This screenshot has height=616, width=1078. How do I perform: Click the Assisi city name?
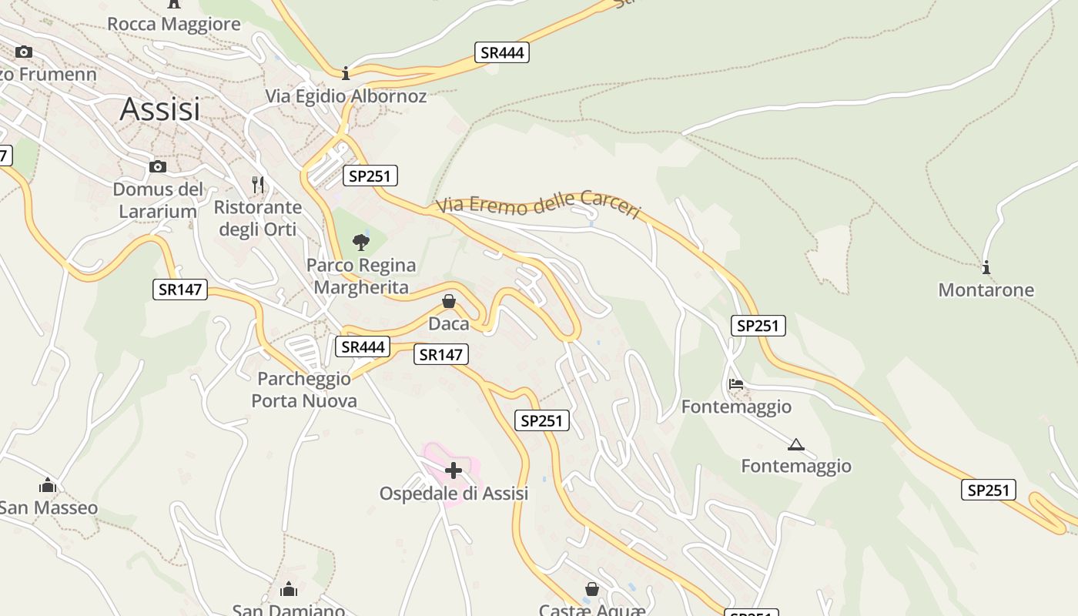pyautogui.click(x=159, y=109)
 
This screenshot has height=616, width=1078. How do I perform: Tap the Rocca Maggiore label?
pyautogui.click(x=173, y=24)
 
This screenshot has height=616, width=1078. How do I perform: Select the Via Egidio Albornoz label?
pyautogui.click(x=346, y=96)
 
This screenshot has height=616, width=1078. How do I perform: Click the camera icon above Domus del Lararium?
pyautogui.click(x=157, y=167)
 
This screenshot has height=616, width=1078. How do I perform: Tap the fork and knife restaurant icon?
pyautogui.click(x=258, y=185)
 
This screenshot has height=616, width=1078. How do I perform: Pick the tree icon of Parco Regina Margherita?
pyautogui.click(x=360, y=243)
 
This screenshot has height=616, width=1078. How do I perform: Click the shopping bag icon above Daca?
pyautogui.click(x=449, y=301)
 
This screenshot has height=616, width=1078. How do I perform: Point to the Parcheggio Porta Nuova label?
pyautogui.click(x=304, y=390)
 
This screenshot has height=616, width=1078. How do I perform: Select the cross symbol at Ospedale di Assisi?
pyautogui.click(x=454, y=470)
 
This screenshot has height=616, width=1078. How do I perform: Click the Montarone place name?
pyautogui.click(x=986, y=290)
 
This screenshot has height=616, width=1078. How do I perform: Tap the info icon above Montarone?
pyautogui.click(x=986, y=268)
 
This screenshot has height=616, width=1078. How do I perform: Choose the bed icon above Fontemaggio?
pyautogui.click(x=736, y=383)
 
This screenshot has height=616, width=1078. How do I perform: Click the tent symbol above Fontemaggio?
pyautogui.click(x=796, y=444)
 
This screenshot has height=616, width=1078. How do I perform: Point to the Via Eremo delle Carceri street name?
pyautogui.click(x=539, y=206)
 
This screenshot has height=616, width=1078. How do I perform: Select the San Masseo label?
pyautogui.click(x=49, y=507)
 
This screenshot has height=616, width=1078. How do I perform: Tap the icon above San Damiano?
pyautogui.click(x=289, y=590)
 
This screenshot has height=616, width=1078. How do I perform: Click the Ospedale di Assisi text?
pyautogui.click(x=454, y=494)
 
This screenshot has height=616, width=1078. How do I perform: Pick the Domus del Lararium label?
pyautogui.click(x=158, y=199)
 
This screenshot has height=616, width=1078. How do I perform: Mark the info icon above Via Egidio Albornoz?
pyautogui.click(x=346, y=73)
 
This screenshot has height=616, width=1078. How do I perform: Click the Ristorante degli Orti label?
pyautogui.click(x=258, y=218)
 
